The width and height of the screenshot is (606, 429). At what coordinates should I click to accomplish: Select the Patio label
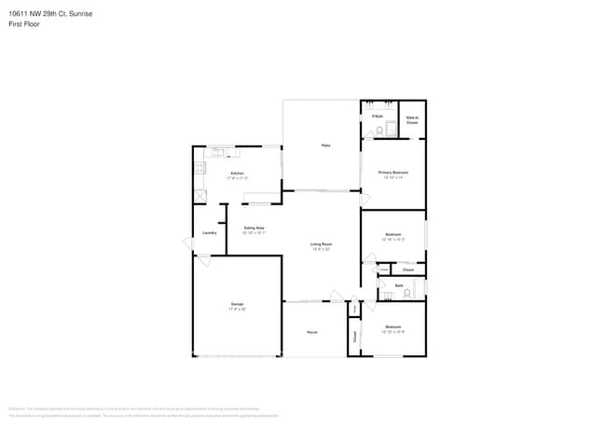(326, 145)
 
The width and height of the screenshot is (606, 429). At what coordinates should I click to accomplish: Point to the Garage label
(238, 305)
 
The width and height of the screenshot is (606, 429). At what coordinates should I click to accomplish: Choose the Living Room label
(322, 244)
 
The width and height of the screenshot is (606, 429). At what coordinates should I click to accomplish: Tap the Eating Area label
(254, 228)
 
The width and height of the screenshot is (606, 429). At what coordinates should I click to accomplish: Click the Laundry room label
(209, 232)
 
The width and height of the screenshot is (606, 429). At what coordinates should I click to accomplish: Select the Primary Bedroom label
(393, 173)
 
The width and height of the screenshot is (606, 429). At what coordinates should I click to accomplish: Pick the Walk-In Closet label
(411, 119)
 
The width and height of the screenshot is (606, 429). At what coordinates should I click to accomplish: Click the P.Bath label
(378, 116)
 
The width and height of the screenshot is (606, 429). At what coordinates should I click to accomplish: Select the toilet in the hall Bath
(406, 294)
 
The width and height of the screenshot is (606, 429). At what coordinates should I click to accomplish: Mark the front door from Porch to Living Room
(336, 298)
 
